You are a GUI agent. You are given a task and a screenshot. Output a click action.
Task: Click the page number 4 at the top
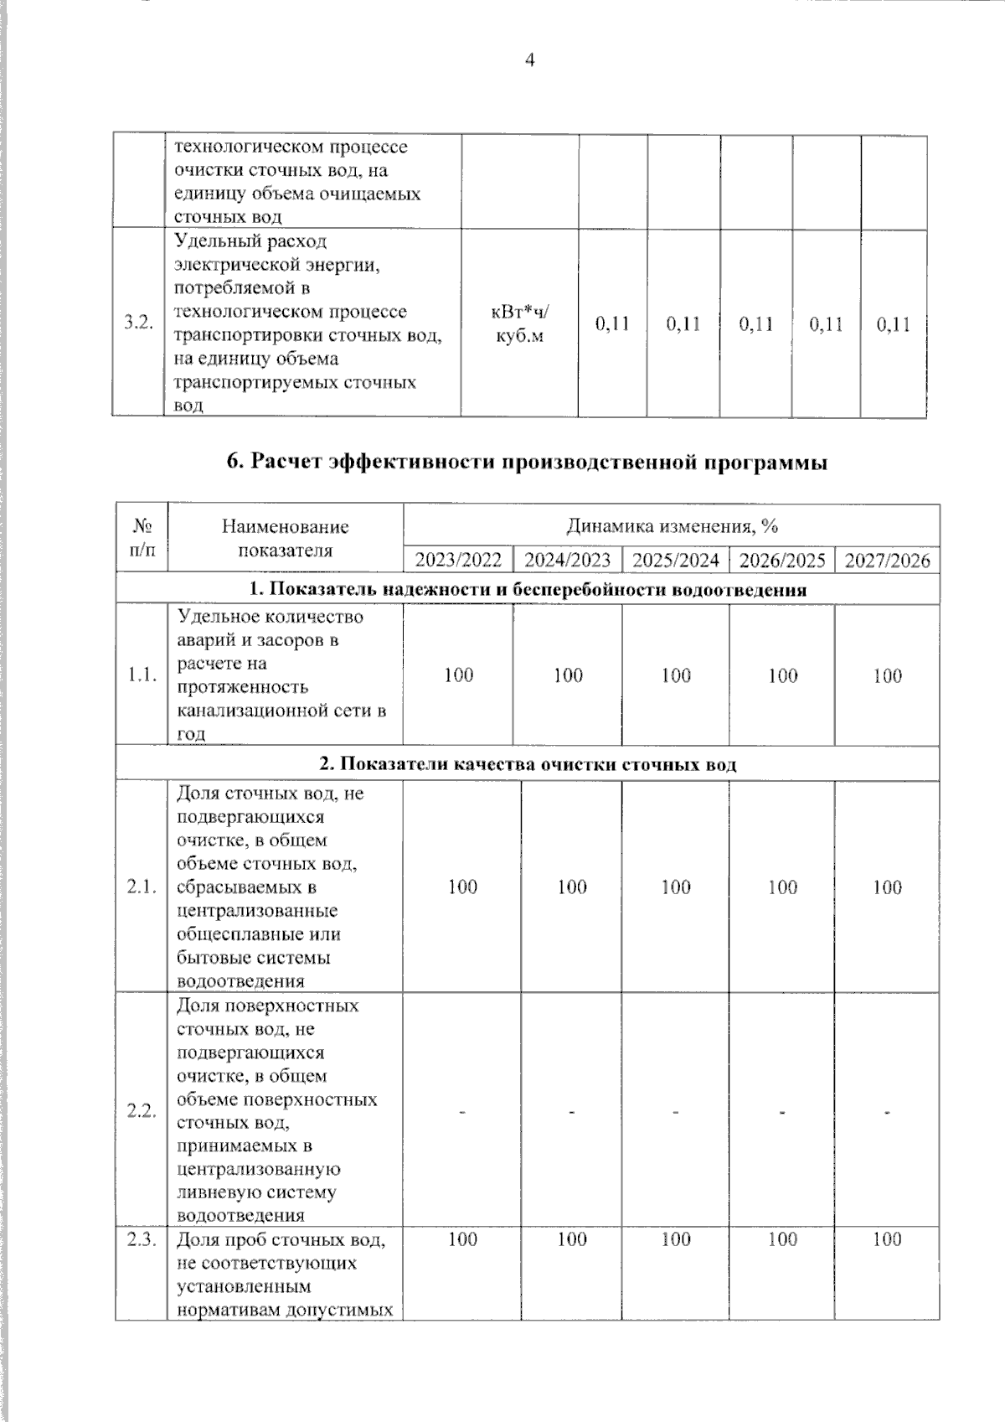[528, 60]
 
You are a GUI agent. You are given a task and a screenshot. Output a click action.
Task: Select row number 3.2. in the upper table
[138, 323]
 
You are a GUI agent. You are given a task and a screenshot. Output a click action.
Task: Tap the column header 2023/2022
[458, 561]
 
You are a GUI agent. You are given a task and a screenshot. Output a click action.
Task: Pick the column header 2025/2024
[675, 561]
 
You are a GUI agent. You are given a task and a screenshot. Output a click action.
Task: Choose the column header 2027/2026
[887, 561]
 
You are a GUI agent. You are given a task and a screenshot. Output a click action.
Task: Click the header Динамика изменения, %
[672, 526]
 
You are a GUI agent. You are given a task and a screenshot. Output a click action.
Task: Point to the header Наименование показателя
[285, 539]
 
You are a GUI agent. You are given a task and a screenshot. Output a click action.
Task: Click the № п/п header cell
[142, 539]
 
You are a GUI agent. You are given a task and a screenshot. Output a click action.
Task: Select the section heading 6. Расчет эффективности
[528, 462]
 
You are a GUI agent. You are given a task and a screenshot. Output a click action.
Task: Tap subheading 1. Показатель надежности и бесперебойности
[528, 589]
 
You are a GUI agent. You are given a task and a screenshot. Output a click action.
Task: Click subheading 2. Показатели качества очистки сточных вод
[528, 764]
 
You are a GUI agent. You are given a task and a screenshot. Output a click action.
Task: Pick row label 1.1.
[142, 675]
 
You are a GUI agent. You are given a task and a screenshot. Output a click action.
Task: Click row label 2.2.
[142, 1112]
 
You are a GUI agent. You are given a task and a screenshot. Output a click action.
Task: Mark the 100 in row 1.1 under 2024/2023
[568, 675]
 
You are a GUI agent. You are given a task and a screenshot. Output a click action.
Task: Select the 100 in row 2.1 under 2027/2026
[887, 887]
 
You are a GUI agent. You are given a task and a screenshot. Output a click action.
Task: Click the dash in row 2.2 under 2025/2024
[675, 1112]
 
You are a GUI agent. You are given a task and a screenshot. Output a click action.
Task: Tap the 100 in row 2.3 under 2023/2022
[462, 1239]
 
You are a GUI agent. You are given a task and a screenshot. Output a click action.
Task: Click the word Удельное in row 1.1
[216, 617]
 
